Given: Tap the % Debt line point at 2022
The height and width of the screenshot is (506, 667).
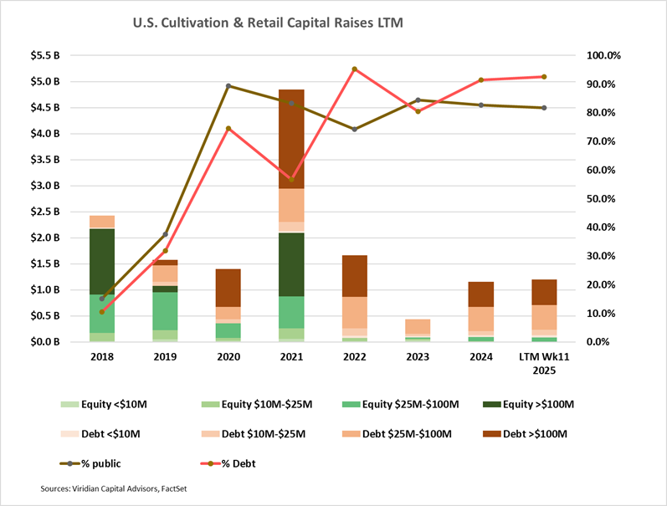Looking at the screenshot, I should point(354,69).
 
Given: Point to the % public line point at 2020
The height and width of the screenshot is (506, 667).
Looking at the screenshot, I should point(228,85).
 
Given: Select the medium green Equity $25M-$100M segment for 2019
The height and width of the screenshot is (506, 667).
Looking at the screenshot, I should point(165,310).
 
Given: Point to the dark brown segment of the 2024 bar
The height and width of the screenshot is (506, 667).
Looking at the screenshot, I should point(480,294).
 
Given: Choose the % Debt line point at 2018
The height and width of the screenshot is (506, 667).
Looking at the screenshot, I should point(102,311).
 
